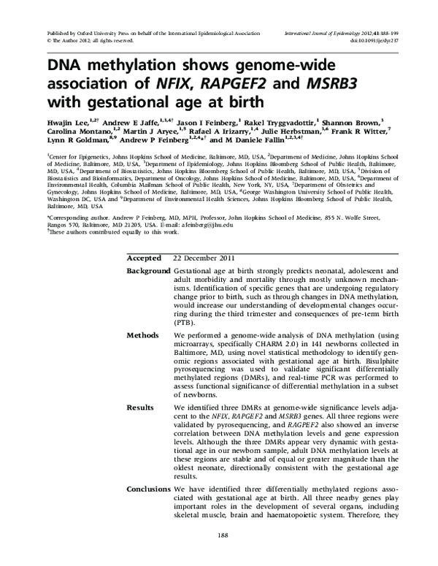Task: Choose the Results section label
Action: coord(140,407)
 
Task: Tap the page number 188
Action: coord(219,558)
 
